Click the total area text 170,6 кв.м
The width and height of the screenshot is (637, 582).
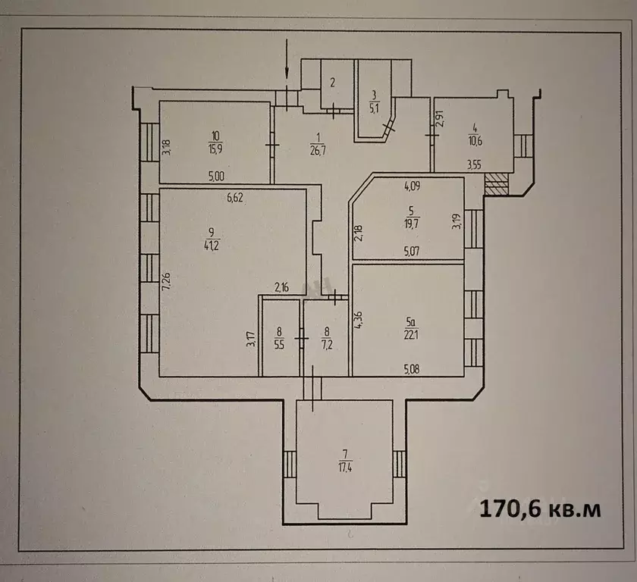(x=539, y=508)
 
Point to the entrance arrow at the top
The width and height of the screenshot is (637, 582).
(x=287, y=61)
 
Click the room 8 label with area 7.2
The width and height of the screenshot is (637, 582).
(x=327, y=337)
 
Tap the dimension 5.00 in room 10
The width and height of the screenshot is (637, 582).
(x=217, y=176)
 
